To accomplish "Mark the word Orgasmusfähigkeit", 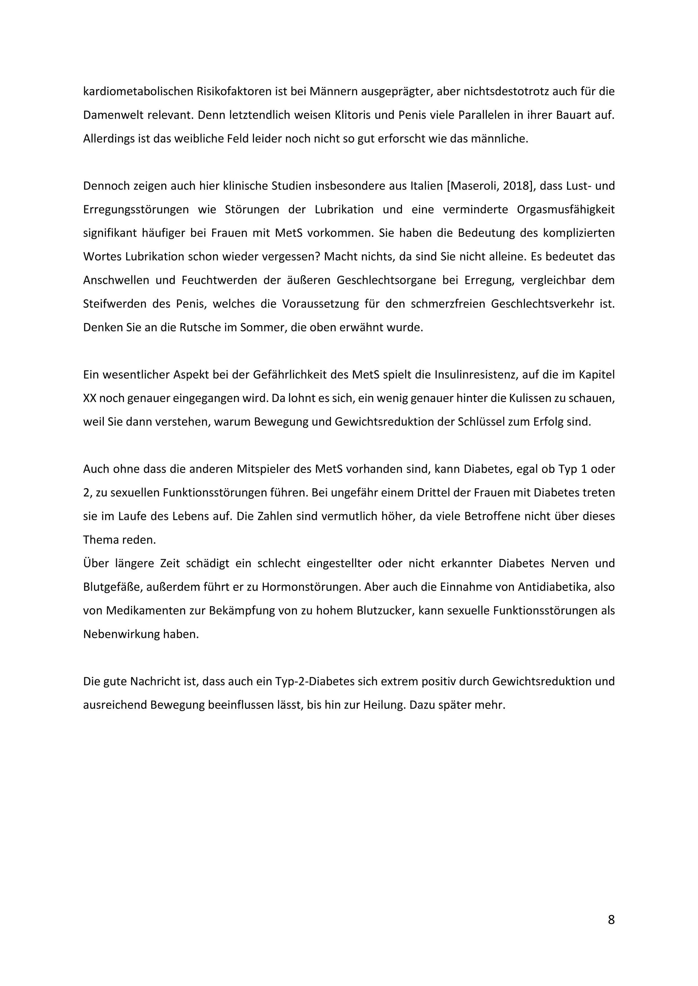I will [566, 209].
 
